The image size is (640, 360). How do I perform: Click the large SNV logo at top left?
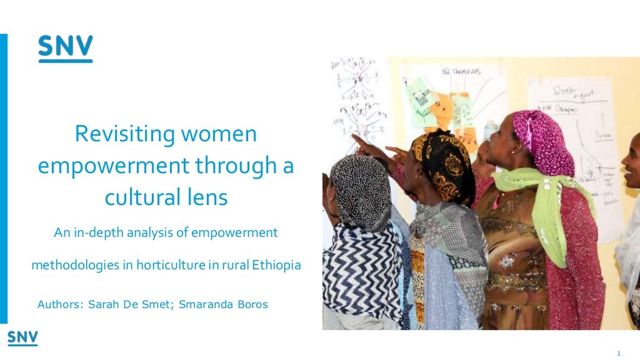(x=65, y=49)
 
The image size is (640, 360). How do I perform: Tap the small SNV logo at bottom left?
(x=22, y=338)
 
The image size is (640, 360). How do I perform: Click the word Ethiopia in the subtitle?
(x=277, y=265)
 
